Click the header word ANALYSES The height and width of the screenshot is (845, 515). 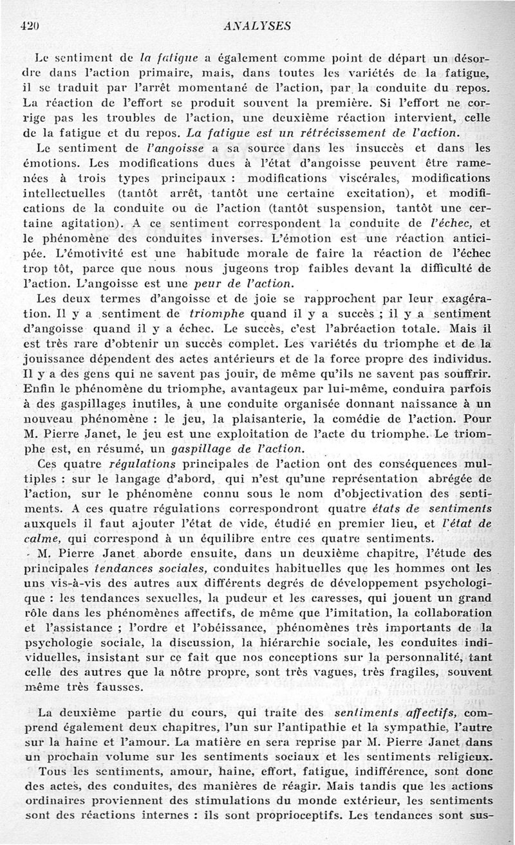click(256, 26)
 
